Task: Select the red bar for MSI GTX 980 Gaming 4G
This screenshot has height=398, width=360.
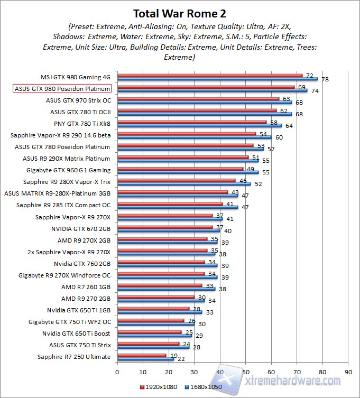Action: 209,75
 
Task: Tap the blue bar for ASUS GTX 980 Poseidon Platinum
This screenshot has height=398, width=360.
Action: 211,90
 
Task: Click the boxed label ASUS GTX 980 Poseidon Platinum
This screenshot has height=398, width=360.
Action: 61,88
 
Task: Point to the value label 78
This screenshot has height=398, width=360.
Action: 325,79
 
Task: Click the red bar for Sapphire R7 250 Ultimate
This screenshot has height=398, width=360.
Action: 141,356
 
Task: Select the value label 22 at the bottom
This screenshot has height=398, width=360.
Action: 181,359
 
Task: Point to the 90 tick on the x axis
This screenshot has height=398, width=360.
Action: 347,371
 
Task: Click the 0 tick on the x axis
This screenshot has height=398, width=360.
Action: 117,371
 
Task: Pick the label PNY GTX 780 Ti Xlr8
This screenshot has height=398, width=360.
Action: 82,123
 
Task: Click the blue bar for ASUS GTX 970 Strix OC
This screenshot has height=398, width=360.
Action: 204,102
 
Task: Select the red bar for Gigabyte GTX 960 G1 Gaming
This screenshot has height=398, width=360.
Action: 180,169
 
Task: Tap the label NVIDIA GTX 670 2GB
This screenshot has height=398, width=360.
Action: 81,229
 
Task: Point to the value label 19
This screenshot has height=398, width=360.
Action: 173,355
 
